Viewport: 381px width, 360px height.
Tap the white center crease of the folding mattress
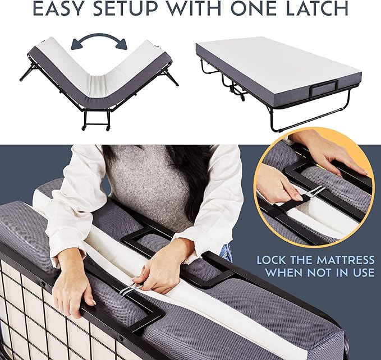point(98,85)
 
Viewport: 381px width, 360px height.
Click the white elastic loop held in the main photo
point(128,288)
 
